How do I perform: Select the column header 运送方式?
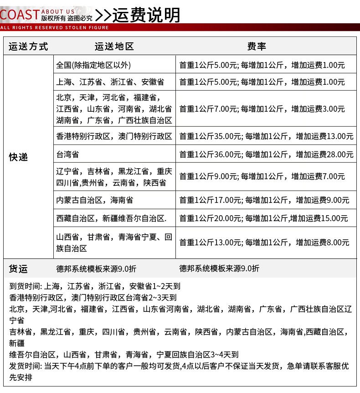coord(28,47)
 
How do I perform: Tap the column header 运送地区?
coord(114,47)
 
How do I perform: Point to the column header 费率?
coord(257,47)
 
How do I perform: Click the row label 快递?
coord(19,157)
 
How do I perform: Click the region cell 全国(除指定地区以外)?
coord(93,65)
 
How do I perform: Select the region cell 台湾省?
coord(67,155)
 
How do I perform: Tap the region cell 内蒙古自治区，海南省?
coord(95,200)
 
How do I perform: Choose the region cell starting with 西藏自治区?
coord(111,218)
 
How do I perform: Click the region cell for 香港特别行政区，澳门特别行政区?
coord(114,136)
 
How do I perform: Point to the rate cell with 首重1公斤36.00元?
coord(266,155)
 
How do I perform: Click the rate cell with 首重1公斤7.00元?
coord(262,109)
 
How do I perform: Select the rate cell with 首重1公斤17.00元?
coord(264,200)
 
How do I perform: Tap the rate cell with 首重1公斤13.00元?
coord(264,243)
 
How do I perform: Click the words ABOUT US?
coord(58,11)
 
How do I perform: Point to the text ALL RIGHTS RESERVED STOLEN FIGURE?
coord(55,28)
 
